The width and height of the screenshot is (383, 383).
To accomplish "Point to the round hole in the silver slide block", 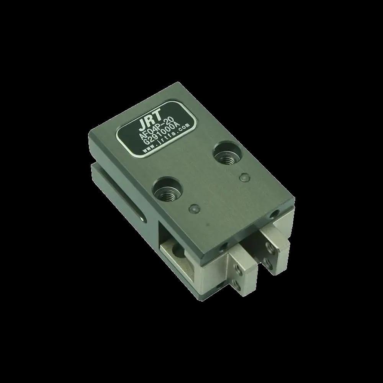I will pos(178,252).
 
